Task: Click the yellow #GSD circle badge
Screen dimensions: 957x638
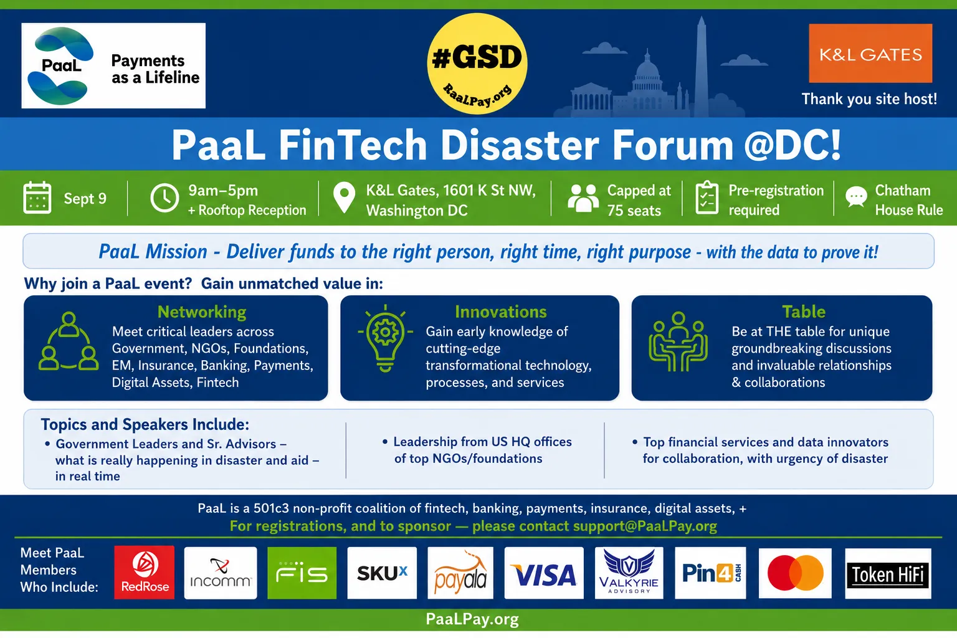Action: click(x=477, y=64)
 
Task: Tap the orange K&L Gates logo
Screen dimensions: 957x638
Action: click(x=870, y=53)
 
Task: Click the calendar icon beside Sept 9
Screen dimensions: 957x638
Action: click(x=37, y=198)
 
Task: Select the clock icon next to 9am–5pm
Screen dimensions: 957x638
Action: click(x=164, y=198)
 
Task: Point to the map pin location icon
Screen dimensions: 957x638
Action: click(x=344, y=198)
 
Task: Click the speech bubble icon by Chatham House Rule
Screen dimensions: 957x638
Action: click(x=856, y=198)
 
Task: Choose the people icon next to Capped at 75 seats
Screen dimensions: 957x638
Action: click(x=583, y=198)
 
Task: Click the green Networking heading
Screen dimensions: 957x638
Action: click(x=202, y=312)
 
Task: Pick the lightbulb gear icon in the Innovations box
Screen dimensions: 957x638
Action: click(x=385, y=338)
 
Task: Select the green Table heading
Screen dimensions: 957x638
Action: click(x=804, y=312)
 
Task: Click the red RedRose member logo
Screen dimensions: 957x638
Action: click(x=145, y=572)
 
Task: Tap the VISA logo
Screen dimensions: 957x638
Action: click(x=544, y=573)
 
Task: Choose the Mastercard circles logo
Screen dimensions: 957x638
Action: click(x=795, y=573)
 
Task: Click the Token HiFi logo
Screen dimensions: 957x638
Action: click(x=888, y=573)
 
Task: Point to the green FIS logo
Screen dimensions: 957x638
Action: click(x=302, y=573)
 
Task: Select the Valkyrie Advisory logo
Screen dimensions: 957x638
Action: click(x=629, y=573)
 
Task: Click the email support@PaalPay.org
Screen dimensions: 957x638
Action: click(x=645, y=526)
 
